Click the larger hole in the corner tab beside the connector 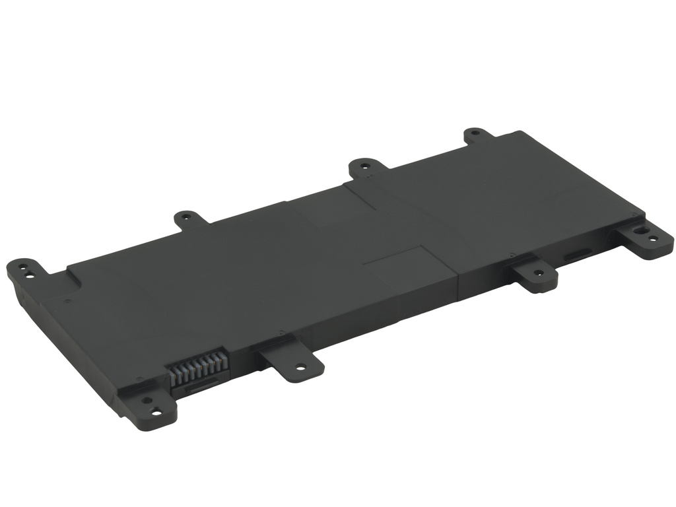click(x=156, y=413)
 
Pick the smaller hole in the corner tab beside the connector click(x=145, y=401)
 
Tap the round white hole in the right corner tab click(x=653, y=239)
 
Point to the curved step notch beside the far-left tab click(x=74, y=278)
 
